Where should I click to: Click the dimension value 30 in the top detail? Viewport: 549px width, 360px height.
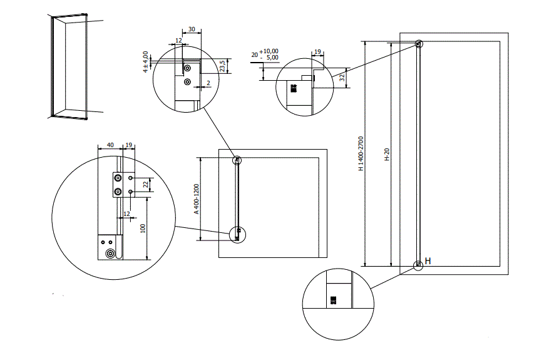coord(191,29)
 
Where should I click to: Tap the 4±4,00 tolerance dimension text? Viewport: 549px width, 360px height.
coord(146,62)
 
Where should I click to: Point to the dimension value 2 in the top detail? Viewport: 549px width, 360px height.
coord(208,83)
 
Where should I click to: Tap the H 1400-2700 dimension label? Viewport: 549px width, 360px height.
coord(361,153)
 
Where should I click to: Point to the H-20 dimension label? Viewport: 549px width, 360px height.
coord(387,154)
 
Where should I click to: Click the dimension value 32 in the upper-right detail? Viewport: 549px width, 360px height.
coord(342,78)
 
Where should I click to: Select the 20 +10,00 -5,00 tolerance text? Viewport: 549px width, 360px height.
coord(265,54)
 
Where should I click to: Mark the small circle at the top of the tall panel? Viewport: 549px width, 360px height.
coord(418,44)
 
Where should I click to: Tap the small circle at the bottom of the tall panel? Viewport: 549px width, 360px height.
coord(418,265)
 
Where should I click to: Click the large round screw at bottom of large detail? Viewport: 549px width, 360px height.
coord(111,254)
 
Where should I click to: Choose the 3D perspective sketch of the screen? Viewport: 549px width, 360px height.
coord(69,66)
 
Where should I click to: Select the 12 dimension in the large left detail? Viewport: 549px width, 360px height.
coord(127,214)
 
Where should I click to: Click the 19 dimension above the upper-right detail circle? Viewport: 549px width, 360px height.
coord(317,53)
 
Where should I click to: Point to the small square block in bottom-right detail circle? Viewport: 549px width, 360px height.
coord(333,301)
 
